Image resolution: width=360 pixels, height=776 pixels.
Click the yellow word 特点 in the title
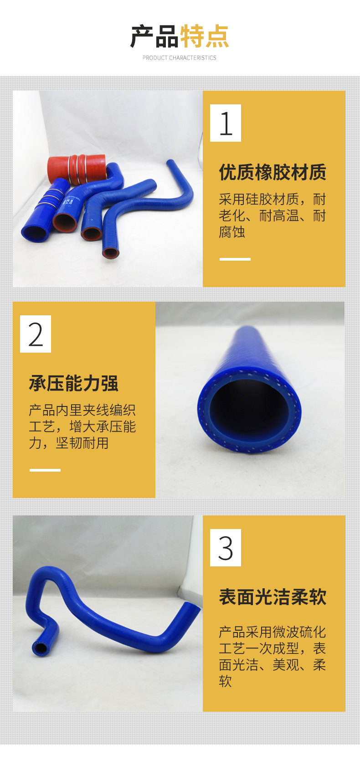click(x=205, y=36)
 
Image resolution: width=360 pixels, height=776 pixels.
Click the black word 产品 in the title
click(x=154, y=36)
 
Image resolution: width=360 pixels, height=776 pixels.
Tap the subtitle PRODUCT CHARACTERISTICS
click(x=180, y=58)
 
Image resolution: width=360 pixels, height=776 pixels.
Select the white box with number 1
click(x=226, y=123)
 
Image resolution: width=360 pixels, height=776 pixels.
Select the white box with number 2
click(x=36, y=334)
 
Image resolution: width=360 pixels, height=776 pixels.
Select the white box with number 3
click(x=226, y=548)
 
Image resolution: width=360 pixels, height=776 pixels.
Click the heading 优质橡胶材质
click(x=273, y=172)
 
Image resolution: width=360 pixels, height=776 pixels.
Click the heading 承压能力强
click(x=73, y=383)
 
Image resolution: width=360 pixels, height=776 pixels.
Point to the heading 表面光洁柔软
click(x=273, y=596)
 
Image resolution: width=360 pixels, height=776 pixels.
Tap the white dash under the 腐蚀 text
click(x=235, y=259)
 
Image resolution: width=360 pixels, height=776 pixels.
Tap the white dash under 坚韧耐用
click(x=45, y=470)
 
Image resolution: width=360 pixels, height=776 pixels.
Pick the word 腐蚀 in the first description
click(x=232, y=232)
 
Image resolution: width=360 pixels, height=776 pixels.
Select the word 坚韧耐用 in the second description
click(x=82, y=443)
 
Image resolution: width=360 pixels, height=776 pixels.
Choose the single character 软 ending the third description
click(x=225, y=681)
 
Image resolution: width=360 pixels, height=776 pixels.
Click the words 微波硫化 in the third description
click(x=299, y=632)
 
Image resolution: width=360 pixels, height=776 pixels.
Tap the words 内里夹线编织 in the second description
click(x=96, y=410)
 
